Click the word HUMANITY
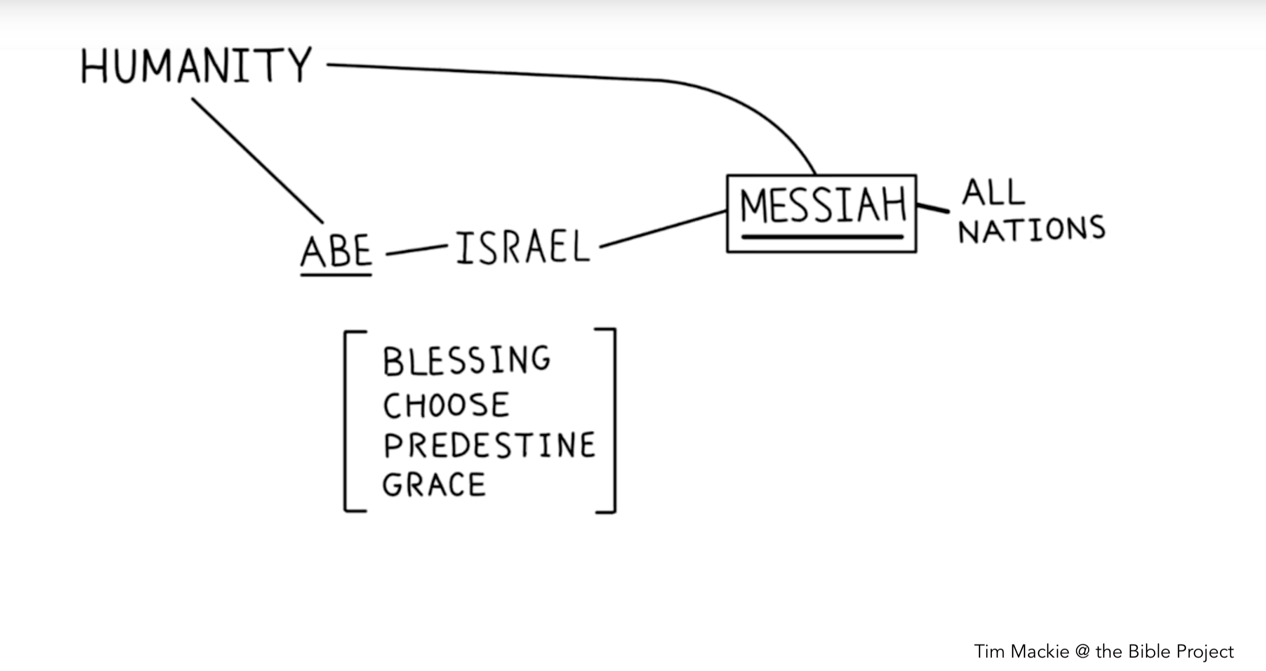(196, 65)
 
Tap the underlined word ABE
(336, 251)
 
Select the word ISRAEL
(523, 248)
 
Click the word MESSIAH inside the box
(822, 205)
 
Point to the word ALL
(993, 192)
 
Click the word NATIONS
(1032, 230)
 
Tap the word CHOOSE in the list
(446, 405)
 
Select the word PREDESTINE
(489, 445)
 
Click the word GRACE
(434, 485)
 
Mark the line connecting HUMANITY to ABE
(257, 160)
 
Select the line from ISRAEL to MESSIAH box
(663, 229)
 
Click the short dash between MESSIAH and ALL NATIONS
(933, 208)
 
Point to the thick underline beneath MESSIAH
(822, 237)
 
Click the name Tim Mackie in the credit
(1021, 652)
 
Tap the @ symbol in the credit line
(1082, 652)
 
